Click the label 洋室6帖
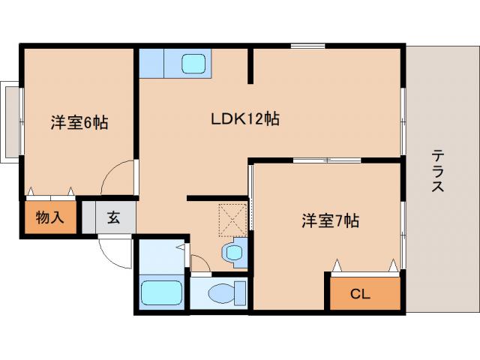pos(78,123)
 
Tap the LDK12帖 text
pos(244,118)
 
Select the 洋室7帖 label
pos(330,220)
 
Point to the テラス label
pos(437,171)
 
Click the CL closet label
pos(360,294)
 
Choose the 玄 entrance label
pos(112,218)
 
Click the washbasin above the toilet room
pos(234,252)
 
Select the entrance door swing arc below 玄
pos(114,254)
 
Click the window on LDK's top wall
pos(307,46)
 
